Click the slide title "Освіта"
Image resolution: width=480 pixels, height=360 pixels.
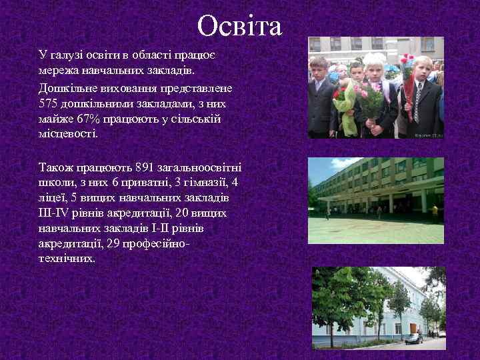tap(240, 27)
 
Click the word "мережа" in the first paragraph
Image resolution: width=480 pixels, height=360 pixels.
tap(58, 70)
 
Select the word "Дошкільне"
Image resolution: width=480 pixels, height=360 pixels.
tap(65, 88)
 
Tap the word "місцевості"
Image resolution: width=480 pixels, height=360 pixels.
tap(67, 133)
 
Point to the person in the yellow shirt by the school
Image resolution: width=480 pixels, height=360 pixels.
tap(435, 211)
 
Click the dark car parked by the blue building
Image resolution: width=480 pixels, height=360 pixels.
tap(413, 338)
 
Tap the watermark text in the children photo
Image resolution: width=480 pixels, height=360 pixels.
tap(428, 135)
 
